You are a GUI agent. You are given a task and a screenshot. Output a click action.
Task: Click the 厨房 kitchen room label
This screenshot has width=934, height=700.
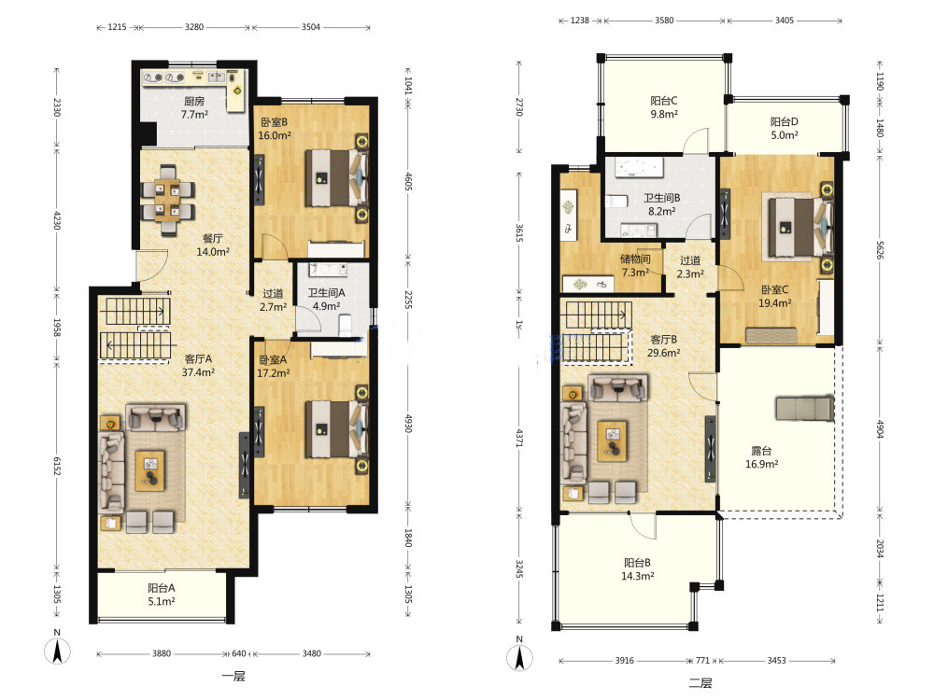(194, 107)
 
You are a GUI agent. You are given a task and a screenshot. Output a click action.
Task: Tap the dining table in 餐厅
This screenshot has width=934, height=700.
(168, 201)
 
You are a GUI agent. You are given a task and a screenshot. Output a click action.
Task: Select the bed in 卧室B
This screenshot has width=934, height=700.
(337, 178)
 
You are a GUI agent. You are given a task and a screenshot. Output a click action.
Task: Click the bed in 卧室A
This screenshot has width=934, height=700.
(337, 429)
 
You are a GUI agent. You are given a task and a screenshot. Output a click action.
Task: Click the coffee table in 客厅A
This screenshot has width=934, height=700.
(150, 470)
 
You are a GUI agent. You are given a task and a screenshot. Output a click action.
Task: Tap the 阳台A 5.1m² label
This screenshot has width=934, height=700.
(161, 595)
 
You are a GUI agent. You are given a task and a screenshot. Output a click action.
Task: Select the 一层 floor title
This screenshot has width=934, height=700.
(233, 676)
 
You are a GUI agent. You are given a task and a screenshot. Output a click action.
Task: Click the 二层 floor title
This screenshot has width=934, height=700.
(700, 683)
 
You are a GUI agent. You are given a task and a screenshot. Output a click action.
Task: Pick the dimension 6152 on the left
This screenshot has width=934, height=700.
(57, 466)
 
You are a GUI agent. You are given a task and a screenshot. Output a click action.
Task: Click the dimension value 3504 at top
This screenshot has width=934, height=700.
(311, 27)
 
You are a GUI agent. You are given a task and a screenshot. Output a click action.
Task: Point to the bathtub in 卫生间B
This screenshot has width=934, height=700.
(639, 167)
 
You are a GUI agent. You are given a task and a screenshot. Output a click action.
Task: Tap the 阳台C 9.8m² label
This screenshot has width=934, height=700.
(663, 107)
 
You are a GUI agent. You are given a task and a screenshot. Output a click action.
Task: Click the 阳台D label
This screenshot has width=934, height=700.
(784, 121)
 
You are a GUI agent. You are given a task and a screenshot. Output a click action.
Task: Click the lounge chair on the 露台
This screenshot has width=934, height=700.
(804, 409)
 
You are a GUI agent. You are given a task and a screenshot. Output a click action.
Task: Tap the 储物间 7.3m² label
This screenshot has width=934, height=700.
(635, 265)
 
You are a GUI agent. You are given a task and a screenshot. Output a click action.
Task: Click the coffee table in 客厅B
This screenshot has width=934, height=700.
(613, 441)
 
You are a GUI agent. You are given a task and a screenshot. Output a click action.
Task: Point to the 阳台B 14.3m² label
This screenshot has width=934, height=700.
(637, 569)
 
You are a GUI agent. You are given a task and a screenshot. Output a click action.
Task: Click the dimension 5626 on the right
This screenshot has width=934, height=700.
(880, 250)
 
